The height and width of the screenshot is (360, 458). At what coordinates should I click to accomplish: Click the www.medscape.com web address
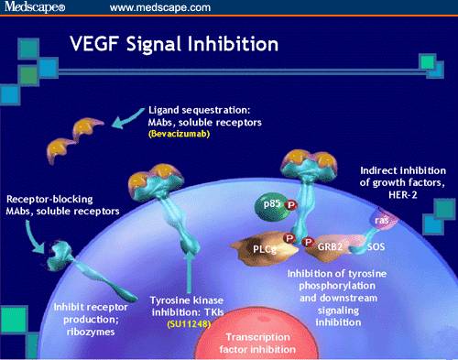[x=162, y=8]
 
